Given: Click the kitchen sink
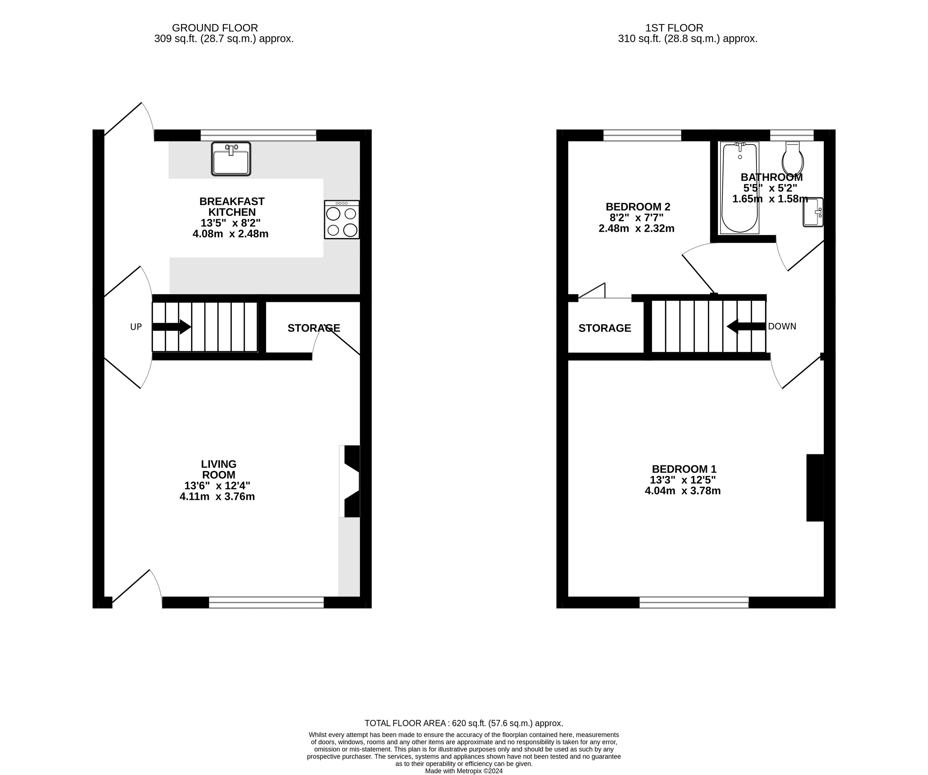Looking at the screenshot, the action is point(231,159).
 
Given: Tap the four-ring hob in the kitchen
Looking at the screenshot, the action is point(342,220).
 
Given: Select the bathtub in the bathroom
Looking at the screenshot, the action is point(739,187).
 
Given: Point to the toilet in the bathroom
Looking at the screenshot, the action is point(793,158).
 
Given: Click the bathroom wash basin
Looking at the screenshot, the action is point(813,212).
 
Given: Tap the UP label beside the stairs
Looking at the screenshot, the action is point(136,327).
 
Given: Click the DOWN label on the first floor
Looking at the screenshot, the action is point(782,326).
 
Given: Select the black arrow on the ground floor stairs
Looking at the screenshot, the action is point(172,327).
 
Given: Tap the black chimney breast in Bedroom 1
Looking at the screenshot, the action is point(815,488).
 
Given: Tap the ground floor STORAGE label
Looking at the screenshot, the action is point(314,328).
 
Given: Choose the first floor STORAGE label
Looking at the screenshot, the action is point(605,328).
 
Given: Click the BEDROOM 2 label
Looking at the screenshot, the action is point(638,207).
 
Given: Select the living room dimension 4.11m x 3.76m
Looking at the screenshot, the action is point(217,497).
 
